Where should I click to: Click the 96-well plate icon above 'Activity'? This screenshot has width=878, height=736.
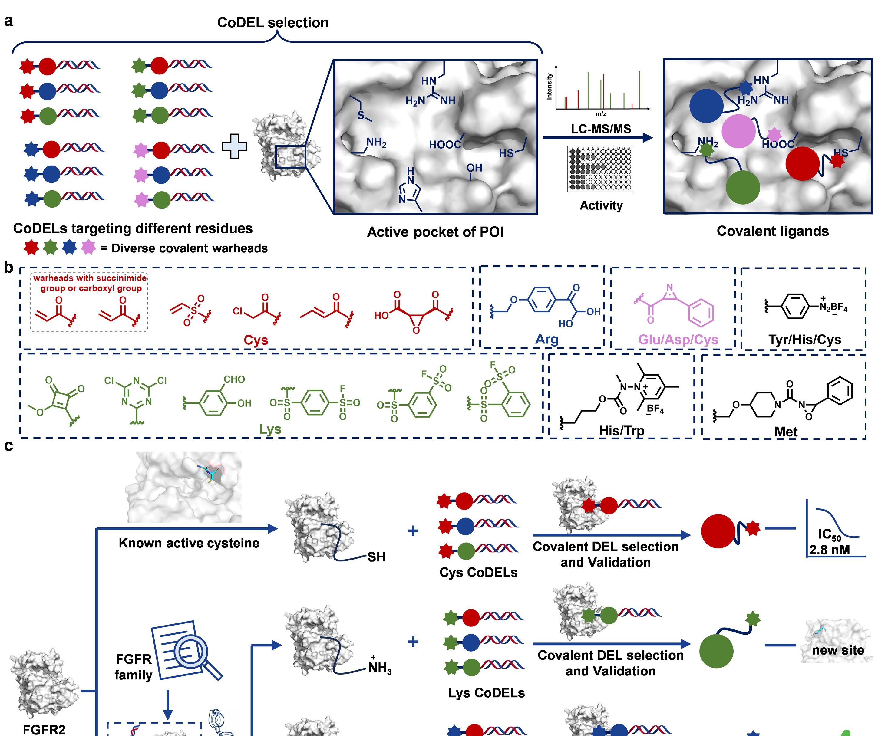600,169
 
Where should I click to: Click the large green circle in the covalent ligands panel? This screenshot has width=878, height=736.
743,187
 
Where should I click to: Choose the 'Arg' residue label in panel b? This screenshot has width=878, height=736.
546,339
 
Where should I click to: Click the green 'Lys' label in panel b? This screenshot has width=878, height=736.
270,429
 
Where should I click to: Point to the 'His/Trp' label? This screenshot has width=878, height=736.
621,430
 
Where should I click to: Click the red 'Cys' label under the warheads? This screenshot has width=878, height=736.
256,340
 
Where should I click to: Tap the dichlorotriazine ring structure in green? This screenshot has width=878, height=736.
136,392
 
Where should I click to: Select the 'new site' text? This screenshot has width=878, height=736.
838,650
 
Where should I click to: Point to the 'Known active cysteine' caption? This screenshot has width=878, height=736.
189,543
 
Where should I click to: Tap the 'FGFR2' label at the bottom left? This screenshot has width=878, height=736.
44,729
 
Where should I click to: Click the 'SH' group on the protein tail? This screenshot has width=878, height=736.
376,557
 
